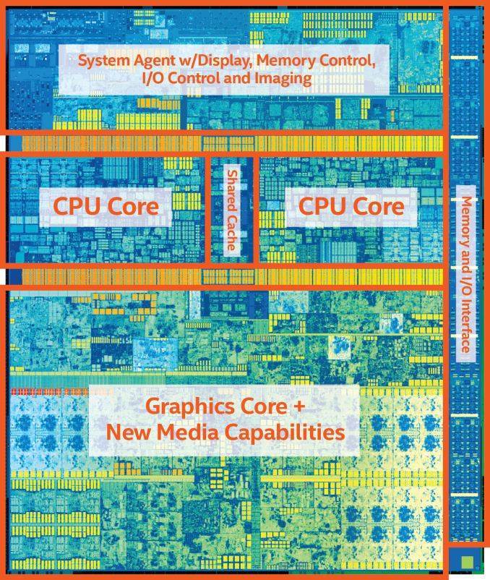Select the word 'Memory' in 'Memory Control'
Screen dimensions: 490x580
pos(285,61)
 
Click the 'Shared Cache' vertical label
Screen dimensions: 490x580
pos(232,210)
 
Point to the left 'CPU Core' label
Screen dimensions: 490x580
pos(106,206)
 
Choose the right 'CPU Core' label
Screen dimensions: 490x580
pos(351,206)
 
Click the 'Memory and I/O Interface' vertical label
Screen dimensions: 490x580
pos(465,273)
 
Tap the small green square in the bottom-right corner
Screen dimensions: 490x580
pos(467,560)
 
